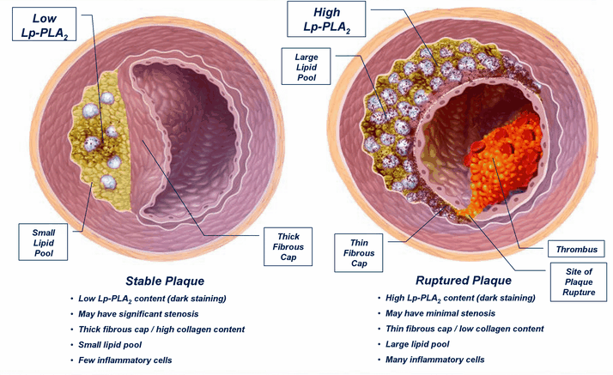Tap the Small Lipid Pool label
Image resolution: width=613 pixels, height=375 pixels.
pos(44,244)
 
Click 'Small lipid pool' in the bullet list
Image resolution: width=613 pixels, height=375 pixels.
pos(115,344)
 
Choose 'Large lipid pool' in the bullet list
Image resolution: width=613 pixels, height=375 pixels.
pos(425,344)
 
